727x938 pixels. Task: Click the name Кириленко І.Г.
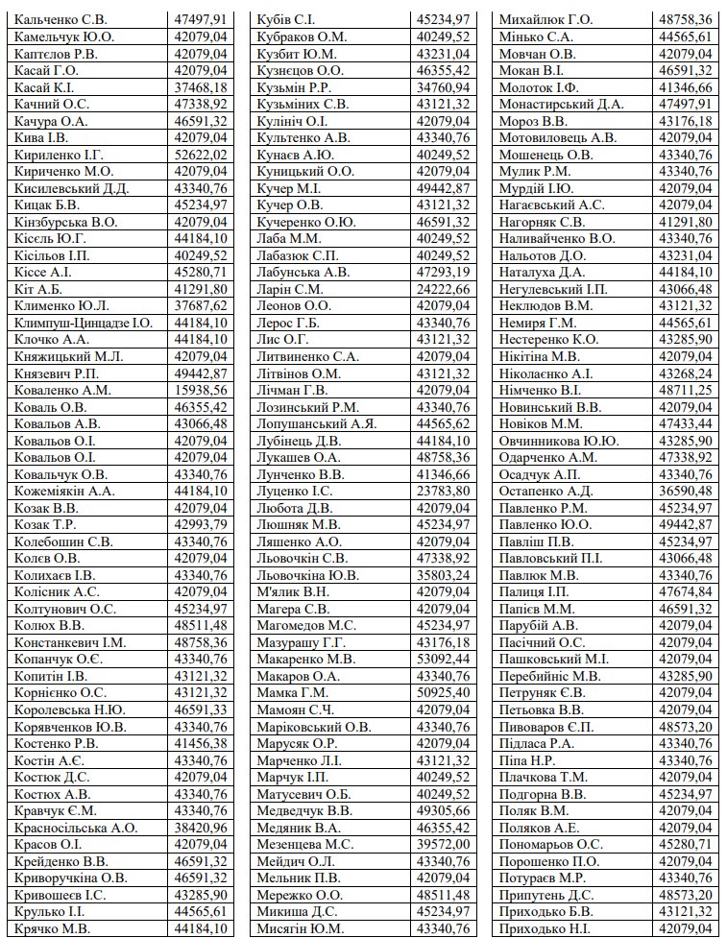pos(59,155)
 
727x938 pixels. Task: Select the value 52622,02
pos(201,155)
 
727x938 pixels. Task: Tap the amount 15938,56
pos(201,390)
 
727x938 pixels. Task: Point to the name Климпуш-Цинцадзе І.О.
pos(84,323)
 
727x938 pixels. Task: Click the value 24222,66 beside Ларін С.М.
pos(444,289)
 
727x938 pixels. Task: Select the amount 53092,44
pos(444,660)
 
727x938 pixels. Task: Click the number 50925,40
pos(444,693)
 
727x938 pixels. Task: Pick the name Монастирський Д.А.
pos(561,104)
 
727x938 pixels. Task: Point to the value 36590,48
pos(686,491)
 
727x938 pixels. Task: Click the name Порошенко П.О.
pos(550,861)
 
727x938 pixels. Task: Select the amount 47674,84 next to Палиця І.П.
pos(686,592)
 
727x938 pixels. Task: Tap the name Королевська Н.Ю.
pos(70,710)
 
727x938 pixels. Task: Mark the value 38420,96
pos(201,828)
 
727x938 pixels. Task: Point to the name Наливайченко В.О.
pos(557,238)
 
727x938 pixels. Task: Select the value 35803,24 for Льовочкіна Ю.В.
pos(444,575)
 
